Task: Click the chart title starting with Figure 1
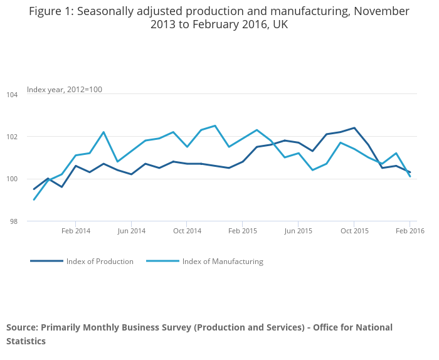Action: click(x=219, y=18)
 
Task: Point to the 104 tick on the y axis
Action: click(x=13, y=94)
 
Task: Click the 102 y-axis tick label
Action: click(x=13, y=137)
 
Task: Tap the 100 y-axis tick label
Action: click(x=13, y=179)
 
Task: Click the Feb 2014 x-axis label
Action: click(x=76, y=231)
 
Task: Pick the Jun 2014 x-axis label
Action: click(x=131, y=231)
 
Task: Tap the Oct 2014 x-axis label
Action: click(x=187, y=231)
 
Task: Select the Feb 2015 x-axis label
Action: click(x=243, y=231)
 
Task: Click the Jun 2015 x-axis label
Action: click(x=299, y=231)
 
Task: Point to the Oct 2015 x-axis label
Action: click(x=354, y=231)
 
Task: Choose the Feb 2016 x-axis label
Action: click(x=410, y=231)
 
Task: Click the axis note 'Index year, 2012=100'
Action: click(x=65, y=90)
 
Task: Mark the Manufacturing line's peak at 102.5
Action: click(x=215, y=125)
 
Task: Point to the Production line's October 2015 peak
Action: click(x=354, y=128)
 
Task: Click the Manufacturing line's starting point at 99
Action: click(x=34, y=199)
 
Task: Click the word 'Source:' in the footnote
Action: click(x=22, y=327)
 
